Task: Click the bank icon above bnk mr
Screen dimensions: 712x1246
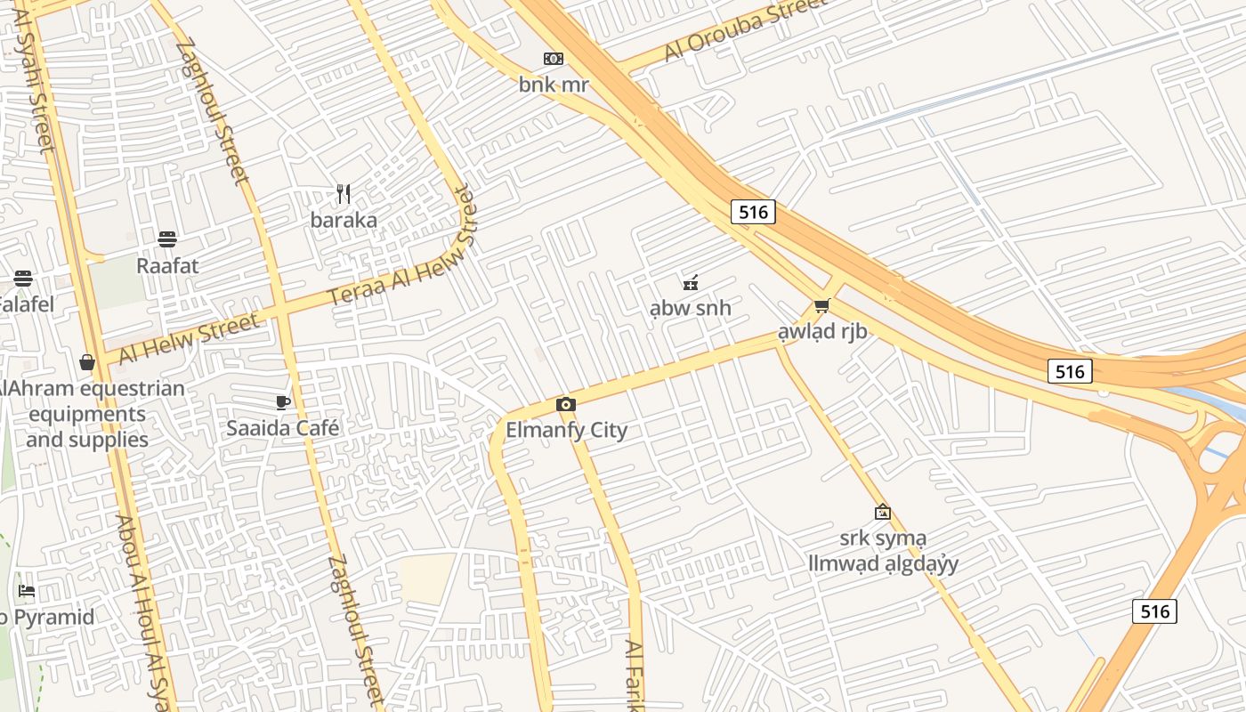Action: (554, 59)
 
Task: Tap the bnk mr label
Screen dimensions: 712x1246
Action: (554, 85)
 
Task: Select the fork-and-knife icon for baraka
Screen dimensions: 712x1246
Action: (344, 193)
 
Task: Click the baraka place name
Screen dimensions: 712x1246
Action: (344, 220)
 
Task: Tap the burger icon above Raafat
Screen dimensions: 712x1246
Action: (167, 239)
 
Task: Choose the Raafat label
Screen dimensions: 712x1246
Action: (167, 265)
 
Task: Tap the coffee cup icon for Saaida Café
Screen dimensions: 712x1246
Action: (283, 402)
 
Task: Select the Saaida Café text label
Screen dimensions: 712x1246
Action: (283, 428)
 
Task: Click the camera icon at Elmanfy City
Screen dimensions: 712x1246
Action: (565, 405)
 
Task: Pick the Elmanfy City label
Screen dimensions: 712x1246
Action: (567, 430)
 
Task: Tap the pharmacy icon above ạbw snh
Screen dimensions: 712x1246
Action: (690, 283)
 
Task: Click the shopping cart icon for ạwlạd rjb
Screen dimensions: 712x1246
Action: (822, 306)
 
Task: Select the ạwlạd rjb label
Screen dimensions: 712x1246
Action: (822, 332)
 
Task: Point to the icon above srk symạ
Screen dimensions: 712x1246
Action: (883, 512)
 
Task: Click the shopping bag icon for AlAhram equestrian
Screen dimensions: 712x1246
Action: (87, 362)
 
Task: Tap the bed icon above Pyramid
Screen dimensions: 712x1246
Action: (27, 590)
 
